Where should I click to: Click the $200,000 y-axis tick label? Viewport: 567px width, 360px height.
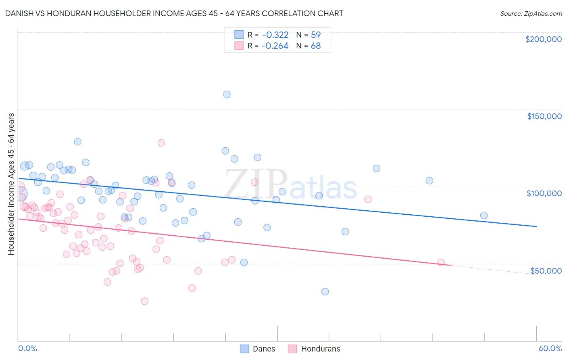tap(543, 39)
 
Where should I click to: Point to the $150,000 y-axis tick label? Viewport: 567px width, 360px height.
tap(544, 116)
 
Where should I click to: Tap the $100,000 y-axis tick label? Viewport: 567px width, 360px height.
tap(544, 193)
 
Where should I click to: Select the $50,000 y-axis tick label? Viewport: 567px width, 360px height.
tap(546, 270)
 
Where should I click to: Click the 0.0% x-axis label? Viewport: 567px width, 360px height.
tap(27, 348)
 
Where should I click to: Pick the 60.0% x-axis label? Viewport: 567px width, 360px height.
tap(550, 348)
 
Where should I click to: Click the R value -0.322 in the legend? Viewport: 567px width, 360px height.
tap(275, 35)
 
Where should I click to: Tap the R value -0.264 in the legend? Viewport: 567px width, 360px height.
tap(275, 46)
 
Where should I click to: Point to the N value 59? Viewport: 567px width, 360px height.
tap(316, 35)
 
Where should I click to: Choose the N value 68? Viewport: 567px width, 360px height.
tap(316, 46)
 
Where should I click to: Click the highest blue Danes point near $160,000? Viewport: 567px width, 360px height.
tap(227, 94)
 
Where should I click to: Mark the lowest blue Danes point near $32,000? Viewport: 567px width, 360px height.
tap(325, 291)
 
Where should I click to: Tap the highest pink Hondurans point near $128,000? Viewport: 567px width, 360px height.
tap(161, 142)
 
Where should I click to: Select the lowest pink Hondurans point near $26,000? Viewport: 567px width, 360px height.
tap(144, 301)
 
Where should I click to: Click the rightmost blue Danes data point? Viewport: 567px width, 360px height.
tap(484, 216)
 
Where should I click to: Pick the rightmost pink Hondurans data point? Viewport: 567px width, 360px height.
tap(441, 262)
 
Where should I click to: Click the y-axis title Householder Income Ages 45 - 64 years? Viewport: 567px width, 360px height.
tap(11, 184)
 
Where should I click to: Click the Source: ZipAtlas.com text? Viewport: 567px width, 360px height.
tap(531, 14)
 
